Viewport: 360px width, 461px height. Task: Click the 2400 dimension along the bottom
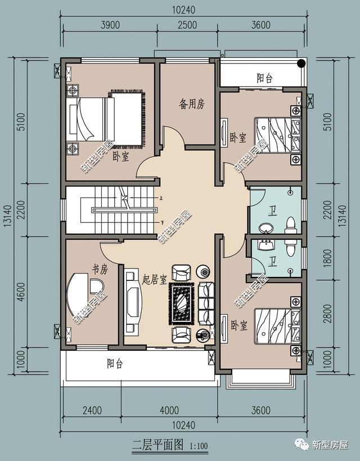tap(91, 410)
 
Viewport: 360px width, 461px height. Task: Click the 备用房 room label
tap(192, 104)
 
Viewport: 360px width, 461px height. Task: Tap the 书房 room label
tap(100, 271)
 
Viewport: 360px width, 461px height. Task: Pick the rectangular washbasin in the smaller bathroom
tap(264, 245)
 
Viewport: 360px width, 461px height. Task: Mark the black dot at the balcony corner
tap(302, 63)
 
